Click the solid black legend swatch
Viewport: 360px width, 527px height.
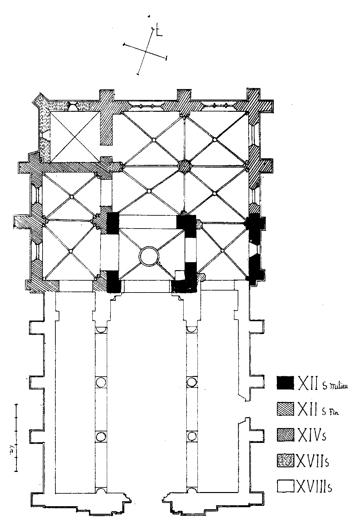[x=285, y=383]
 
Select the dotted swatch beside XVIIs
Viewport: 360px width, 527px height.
[x=285, y=460]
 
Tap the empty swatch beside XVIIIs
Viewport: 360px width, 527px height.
[x=285, y=486]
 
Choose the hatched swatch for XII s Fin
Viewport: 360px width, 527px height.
[x=285, y=409]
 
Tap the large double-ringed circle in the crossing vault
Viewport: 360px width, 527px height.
[x=149, y=256]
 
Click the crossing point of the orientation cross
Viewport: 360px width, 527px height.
[x=145, y=51]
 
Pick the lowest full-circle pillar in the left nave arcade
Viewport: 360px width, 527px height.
[x=101, y=437]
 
